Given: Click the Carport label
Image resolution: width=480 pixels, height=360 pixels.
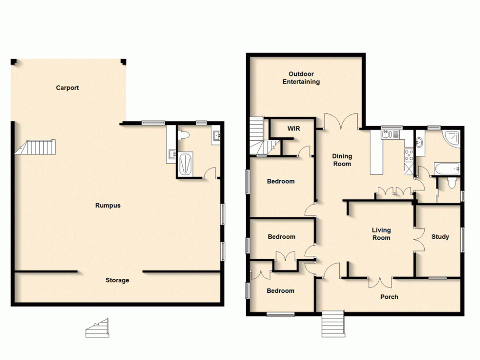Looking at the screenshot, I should [67, 88].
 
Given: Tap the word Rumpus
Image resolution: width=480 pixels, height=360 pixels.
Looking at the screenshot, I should [108, 205].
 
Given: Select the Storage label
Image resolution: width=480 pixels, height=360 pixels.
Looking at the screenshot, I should [117, 280].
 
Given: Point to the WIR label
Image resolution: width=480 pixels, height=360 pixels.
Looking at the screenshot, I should [293, 129].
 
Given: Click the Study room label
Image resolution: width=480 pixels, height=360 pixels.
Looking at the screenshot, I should [440, 237].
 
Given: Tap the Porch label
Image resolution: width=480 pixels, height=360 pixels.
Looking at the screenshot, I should [389, 297].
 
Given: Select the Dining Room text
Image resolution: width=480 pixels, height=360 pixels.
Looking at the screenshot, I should [342, 160].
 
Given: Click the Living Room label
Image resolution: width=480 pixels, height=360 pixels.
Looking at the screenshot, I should [381, 234].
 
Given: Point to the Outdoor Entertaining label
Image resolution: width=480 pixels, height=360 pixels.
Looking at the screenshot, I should [301, 78].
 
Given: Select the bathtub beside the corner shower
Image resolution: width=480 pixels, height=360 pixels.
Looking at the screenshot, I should [447, 168].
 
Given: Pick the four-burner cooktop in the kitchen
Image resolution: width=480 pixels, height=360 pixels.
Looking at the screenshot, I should [409, 155].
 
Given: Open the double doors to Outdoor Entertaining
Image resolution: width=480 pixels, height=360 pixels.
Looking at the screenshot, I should [341, 122].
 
